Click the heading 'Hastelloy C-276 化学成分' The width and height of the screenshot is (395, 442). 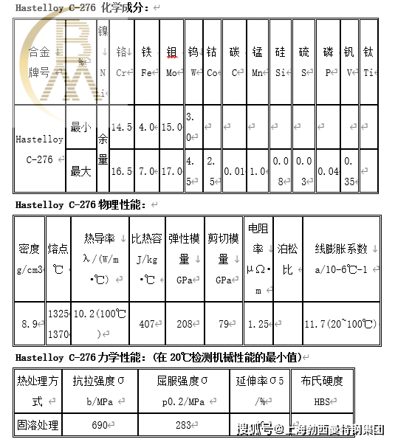81,8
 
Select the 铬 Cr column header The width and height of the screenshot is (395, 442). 123,62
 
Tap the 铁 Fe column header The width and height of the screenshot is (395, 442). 147,62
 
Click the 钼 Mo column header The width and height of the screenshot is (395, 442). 171,62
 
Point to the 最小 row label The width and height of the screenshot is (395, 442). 80,127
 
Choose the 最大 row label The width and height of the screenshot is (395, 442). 80,171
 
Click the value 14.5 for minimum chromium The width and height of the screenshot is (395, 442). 121,127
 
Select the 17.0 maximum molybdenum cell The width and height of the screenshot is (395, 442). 171,171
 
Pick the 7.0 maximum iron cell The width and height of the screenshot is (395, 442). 147,171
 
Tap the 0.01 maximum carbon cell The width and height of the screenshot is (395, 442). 236,171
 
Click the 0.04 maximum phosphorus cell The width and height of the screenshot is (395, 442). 329,171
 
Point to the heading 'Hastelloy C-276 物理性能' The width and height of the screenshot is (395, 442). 81,204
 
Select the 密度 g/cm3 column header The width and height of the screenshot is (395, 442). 30,258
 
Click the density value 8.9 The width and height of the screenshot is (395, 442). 30,323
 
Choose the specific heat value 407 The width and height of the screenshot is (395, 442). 146,323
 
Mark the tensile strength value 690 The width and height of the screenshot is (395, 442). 99,426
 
